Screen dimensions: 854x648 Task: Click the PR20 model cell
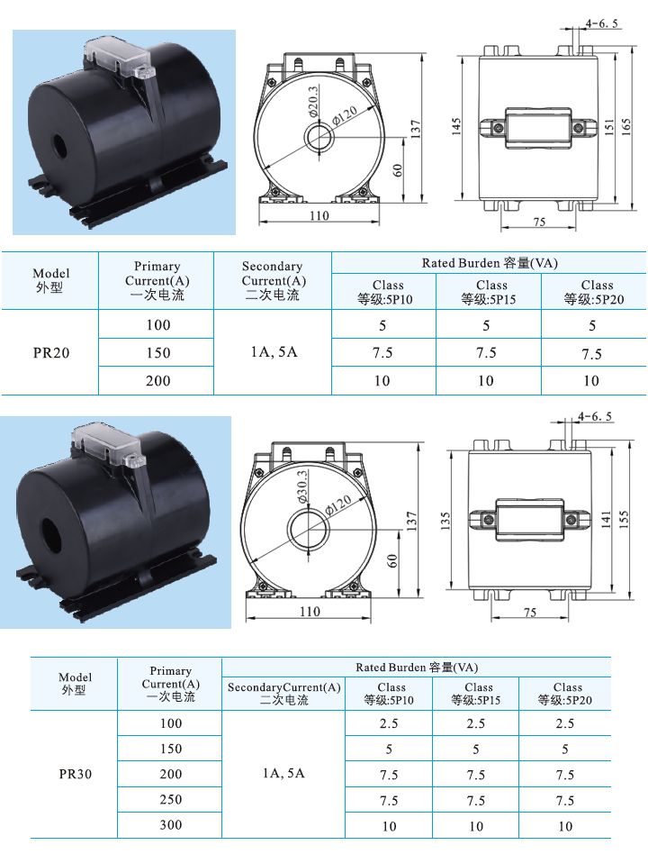(50, 353)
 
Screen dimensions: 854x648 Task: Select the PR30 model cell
(75, 774)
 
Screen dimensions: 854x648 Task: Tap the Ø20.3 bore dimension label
(312, 103)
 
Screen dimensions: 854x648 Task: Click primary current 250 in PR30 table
(170, 799)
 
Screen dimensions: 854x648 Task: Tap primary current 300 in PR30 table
(170, 824)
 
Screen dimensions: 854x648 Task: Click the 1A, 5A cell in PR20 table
(273, 353)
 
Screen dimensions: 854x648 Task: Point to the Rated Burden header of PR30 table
(416, 668)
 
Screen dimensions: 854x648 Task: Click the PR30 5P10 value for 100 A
(389, 723)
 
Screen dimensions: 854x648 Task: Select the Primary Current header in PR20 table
(157, 280)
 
